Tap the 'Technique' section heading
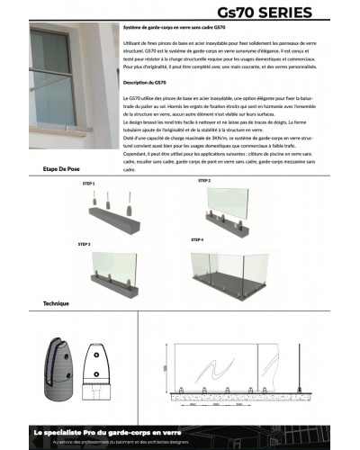tap(56, 303)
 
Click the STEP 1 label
tap(87, 183)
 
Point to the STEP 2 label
tap(204, 181)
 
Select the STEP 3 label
tap(84, 244)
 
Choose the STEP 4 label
tap(198, 240)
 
